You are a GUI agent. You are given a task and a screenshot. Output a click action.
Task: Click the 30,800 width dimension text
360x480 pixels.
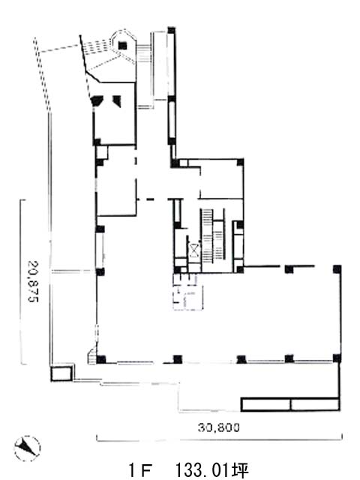click(x=218, y=427)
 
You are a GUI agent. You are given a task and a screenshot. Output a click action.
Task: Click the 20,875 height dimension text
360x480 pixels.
click(x=33, y=281)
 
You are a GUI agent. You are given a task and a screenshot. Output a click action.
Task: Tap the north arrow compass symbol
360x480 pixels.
click(x=27, y=448)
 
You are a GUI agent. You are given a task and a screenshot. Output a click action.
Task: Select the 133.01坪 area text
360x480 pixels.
click(x=211, y=471)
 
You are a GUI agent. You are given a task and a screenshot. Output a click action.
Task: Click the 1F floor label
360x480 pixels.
click(x=140, y=471)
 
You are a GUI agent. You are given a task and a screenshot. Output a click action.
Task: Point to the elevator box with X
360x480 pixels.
click(x=194, y=250)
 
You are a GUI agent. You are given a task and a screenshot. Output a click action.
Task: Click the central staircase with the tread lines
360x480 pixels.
click(x=213, y=235)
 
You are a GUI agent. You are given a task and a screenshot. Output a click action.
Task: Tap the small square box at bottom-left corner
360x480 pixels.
click(x=61, y=373)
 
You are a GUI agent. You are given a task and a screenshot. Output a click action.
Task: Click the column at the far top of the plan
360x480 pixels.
click(x=172, y=30)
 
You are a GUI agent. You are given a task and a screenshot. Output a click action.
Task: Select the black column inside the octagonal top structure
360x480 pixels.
click(x=122, y=45)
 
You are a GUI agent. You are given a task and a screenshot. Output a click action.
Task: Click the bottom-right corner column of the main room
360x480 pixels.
click(x=337, y=358)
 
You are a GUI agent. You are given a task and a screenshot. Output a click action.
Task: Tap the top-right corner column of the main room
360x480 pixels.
click(x=337, y=269)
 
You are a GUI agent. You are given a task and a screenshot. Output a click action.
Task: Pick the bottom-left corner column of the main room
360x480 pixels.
click(x=101, y=358)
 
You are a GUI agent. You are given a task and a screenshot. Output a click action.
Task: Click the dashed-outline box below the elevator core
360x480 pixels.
click(x=188, y=292)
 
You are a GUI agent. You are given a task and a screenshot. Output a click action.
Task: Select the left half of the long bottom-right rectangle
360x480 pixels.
click(x=266, y=404)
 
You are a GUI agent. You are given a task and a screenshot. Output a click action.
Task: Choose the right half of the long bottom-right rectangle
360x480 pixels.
click(x=315, y=404)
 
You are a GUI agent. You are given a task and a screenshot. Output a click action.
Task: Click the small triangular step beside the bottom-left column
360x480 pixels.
click(x=91, y=357)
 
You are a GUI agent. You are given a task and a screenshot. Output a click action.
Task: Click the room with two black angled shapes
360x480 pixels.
click(x=115, y=113)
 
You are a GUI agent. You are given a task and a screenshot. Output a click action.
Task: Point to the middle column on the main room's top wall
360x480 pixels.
click(x=289, y=269)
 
